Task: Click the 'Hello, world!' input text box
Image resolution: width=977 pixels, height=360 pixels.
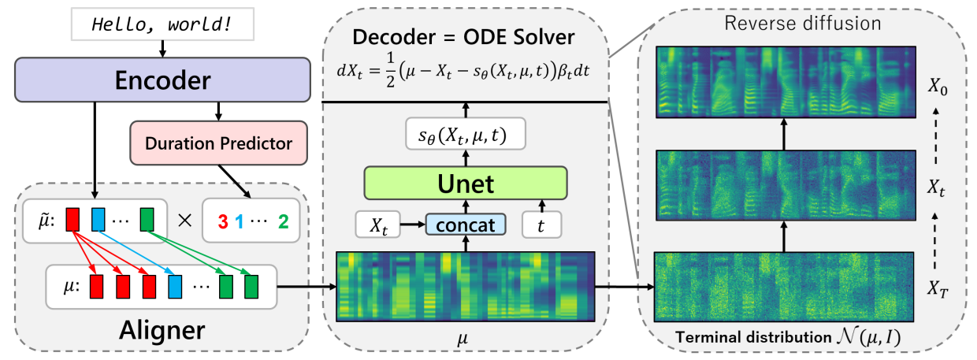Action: [162, 24]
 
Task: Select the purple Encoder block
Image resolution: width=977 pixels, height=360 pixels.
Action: [162, 80]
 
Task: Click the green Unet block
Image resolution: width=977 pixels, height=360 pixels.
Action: [465, 184]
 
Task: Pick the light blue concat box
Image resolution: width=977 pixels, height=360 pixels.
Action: [465, 225]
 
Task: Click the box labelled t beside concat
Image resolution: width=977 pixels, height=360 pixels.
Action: [541, 225]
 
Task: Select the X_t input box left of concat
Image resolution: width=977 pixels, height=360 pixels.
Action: [380, 225]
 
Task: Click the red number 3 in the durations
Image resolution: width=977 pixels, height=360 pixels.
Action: [224, 221]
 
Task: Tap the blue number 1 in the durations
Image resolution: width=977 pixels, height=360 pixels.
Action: [238, 221]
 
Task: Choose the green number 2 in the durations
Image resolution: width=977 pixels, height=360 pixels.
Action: [283, 221]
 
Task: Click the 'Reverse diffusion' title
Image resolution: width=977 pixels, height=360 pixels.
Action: [803, 23]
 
